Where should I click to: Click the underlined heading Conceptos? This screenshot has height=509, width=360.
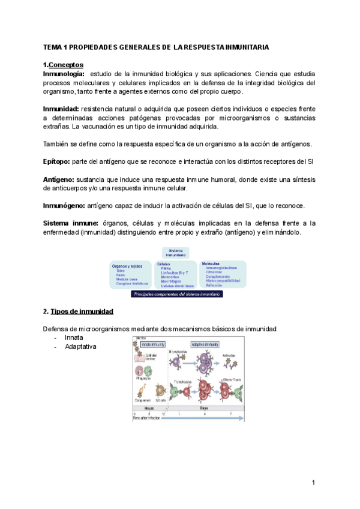pyautogui.click(x=66, y=64)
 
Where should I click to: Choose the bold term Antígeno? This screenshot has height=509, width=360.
pyautogui.click(x=58, y=179)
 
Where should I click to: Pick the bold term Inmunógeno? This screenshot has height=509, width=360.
pyautogui.click(x=64, y=205)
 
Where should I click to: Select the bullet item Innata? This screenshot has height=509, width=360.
pyautogui.click(x=74, y=338)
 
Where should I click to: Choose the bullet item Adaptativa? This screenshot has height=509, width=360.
pyautogui.click(x=80, y=346)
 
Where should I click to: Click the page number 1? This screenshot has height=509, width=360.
pyautogui.click(x=313, y=483)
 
